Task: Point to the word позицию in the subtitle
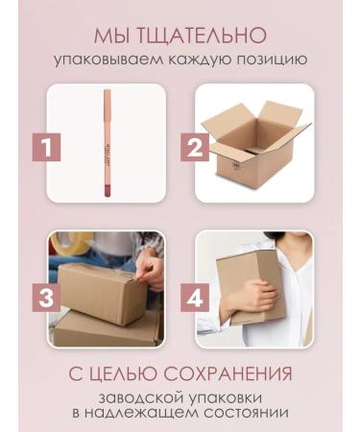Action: (266, 60)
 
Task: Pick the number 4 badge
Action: (197, 297)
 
